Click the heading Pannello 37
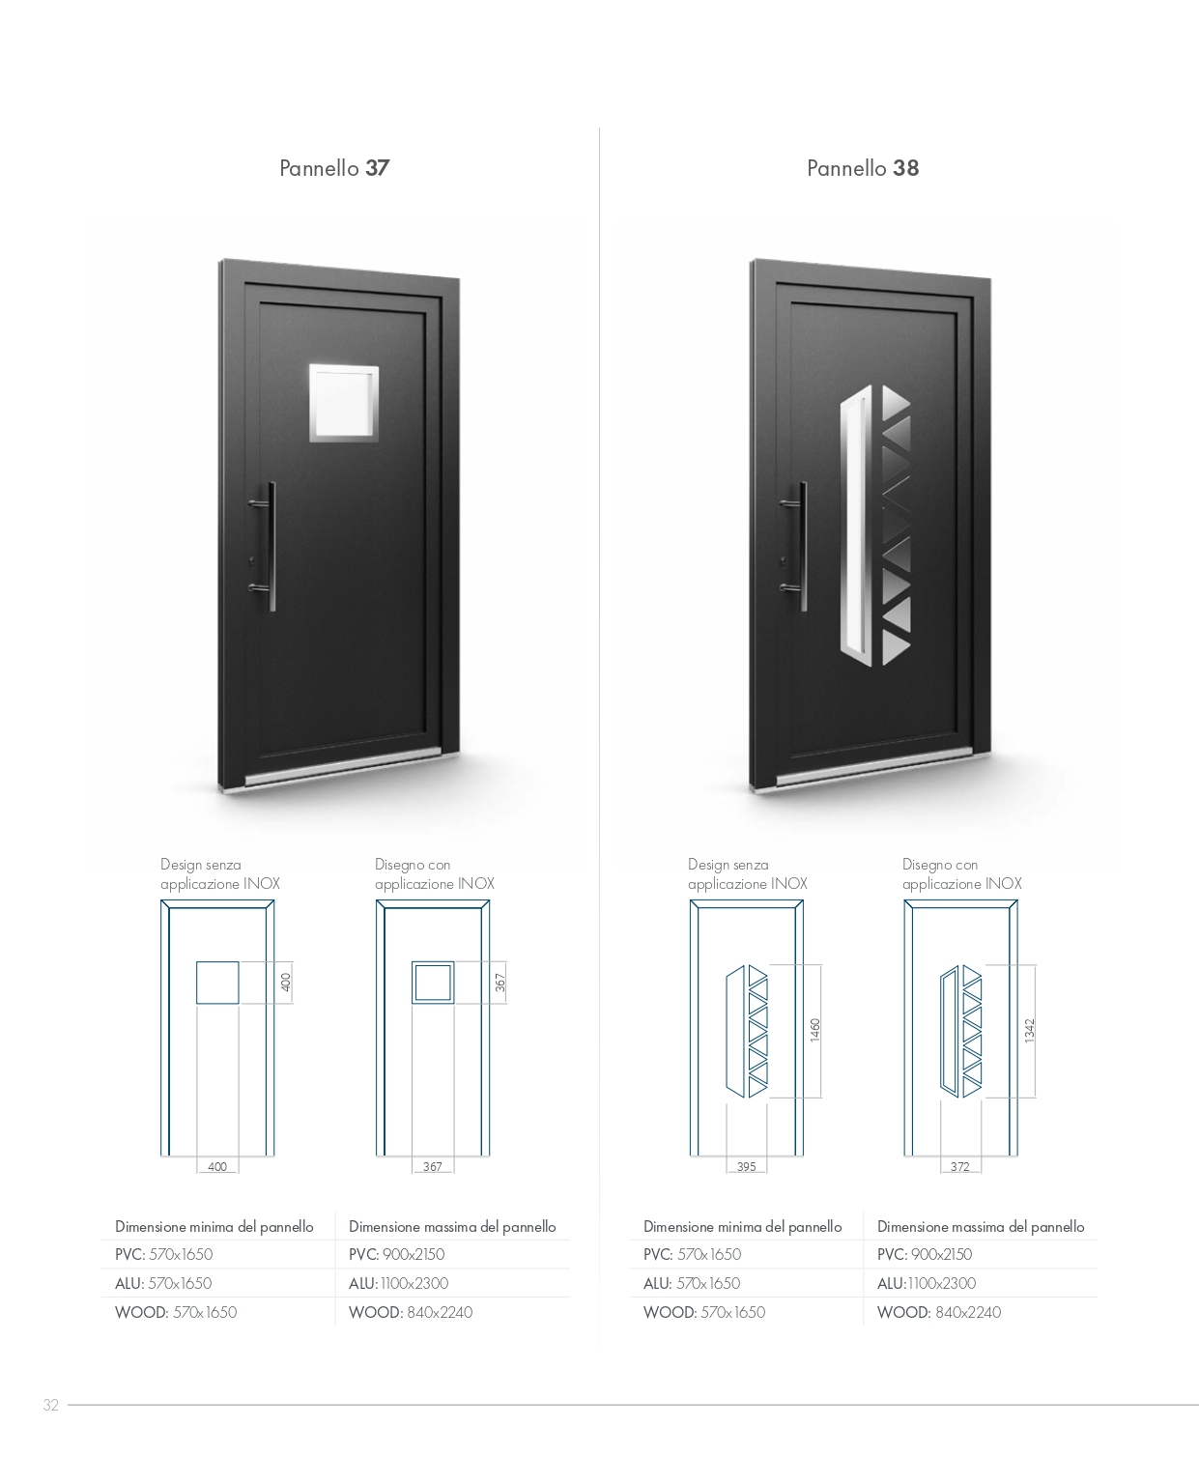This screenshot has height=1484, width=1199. click(x=333, y=168)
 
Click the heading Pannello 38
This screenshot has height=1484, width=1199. click(x=863, y=168)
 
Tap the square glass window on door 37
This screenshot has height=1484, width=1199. click(x=343, y=403)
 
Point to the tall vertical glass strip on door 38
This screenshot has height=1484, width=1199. click(x=856, y=525)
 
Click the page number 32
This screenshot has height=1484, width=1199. click(x=51, y=1405)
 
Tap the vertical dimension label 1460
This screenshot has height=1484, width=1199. click(x=815, y=1030)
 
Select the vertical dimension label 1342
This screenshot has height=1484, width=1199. click(x=1029, y=1031)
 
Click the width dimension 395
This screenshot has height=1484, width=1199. click(x=746, y=1166)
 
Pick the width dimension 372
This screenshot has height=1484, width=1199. click(x=959, y=1166)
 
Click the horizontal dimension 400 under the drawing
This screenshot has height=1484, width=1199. click(x=217, y=1166)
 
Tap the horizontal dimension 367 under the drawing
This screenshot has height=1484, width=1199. click(x=432, y=1166)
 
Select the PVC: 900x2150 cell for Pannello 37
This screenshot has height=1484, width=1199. click(x=396, y=1254)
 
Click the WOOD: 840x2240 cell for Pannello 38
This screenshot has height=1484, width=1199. click(x=938, y=1312)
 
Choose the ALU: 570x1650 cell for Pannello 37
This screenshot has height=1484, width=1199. click(x=163, y=1283)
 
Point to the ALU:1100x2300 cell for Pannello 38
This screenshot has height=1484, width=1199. click(x=926, y=1283)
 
